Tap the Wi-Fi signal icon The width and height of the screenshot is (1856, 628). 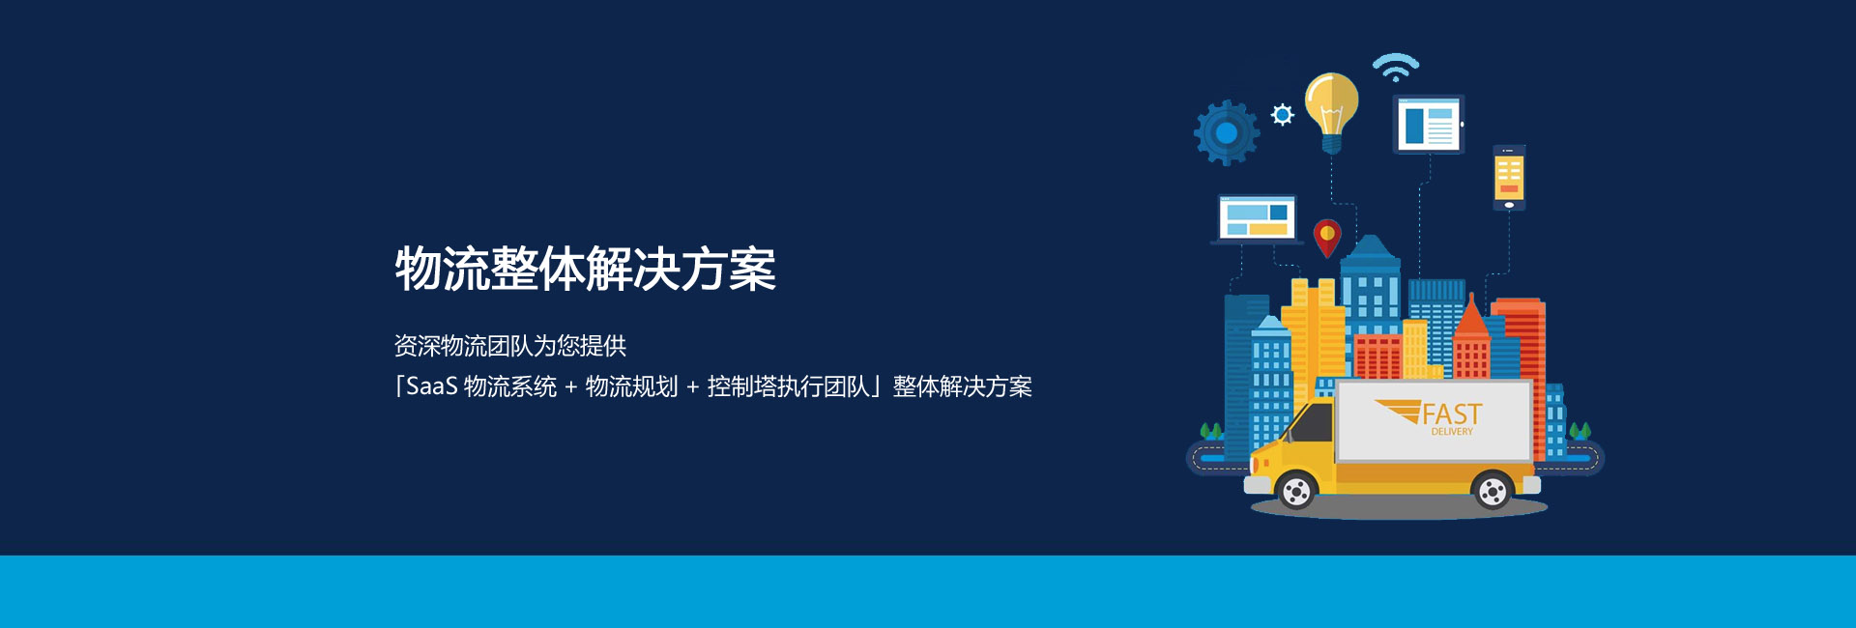(x=1396, y=67)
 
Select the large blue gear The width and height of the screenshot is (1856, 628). (x=1227, y=132)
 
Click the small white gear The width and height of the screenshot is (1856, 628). (x=1283, y=115)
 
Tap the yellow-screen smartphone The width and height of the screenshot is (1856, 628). (x=1509, y=178)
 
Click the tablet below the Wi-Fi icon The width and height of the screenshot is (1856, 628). (x=1429, y=125)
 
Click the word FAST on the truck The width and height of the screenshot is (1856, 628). (x=1452, y=414)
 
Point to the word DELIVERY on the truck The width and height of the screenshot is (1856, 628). (x=1452, y=432)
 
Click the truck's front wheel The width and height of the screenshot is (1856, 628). (x=1295, y=492)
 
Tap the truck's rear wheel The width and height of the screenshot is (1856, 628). (x=1493, y=492)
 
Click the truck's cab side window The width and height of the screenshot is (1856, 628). (x=1313, y=421)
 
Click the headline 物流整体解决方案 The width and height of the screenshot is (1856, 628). (x=585, y=269)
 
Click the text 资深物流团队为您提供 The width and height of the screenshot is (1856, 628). (x=510, y=346)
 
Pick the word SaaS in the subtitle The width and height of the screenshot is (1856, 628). (x=431, y=386)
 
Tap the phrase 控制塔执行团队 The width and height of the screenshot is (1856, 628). (x=789, y=386)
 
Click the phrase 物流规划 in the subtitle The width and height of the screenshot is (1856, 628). (x=631, y=386)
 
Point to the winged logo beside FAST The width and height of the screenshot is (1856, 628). (x=1398, y=412)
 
